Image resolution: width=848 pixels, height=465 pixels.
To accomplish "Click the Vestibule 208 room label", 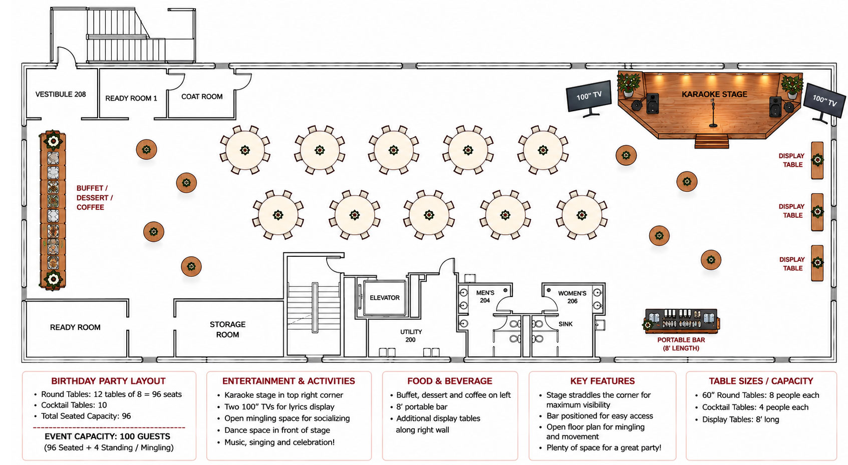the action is click(x=61, y=94).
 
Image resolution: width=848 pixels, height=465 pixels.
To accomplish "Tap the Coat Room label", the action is click(x=202, y=97).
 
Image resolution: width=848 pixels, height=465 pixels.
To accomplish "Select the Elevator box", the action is click(x=385, y=298).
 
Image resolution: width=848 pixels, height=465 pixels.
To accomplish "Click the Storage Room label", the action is click(x=227, y=329).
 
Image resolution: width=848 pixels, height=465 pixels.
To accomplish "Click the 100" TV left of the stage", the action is click(x=589, y=98).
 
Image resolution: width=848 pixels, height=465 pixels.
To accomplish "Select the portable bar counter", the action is click(x=681, y=321).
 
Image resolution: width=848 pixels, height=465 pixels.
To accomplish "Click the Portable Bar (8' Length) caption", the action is click(x=681, y=344).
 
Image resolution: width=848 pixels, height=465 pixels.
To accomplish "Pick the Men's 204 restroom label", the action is click(x=485, y=297).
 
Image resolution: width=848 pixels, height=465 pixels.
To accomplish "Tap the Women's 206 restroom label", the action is click(x=572, y=297).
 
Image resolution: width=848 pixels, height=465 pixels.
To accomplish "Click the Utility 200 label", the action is click(x=411, y=335).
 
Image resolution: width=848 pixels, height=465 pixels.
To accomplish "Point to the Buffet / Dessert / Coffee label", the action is click(x=95, y=198).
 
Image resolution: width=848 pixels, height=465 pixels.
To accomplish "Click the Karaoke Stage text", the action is click(x=714, y=94).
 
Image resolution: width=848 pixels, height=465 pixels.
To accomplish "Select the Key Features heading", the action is click(x=602, y=381).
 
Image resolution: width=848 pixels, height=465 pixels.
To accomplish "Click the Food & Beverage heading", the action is click(x=450, y=381).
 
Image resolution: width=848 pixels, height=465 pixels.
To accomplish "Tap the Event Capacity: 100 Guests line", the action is click(x=108, y=436).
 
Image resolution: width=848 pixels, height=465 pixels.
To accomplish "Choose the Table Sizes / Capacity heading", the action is click(x=761, y=381).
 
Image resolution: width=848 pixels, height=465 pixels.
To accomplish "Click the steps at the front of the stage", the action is click(x=712, y=141).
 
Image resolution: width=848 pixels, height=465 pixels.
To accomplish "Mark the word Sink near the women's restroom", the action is click(x=566, y=324).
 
